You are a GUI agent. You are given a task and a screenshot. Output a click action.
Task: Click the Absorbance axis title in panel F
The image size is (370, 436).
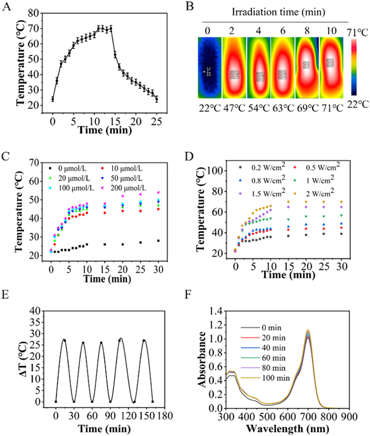(x=200, y=350)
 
